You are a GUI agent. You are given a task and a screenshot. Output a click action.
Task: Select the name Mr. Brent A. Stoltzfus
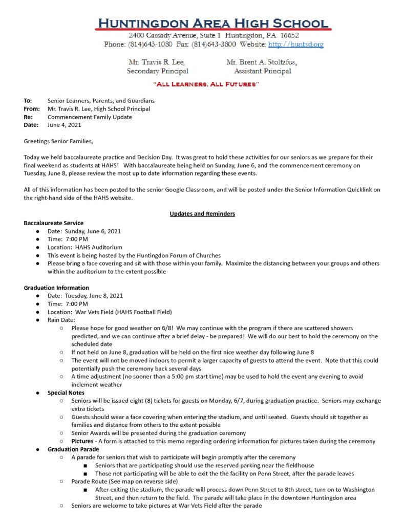261,62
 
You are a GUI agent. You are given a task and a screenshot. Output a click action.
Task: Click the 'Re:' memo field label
28,117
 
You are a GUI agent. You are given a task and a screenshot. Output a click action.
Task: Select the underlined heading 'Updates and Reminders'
202,214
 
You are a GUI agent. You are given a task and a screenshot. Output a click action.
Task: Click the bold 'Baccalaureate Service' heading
53,223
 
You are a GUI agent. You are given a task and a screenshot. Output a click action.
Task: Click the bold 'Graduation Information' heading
56,288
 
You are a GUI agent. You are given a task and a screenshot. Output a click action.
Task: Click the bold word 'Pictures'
82,441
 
